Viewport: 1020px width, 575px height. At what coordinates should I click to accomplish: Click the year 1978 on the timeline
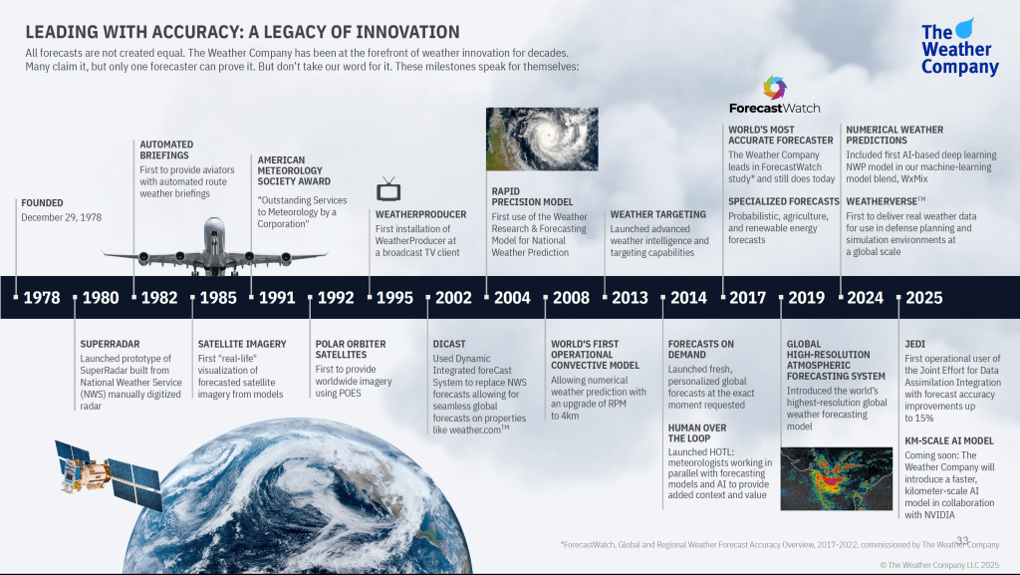click(42, 298)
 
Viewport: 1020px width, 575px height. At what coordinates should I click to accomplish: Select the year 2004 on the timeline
click(512, 298)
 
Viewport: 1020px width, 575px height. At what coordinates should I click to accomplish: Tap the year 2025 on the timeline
click(923, 298)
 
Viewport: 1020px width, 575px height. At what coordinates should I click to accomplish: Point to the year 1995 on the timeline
click(394, 298)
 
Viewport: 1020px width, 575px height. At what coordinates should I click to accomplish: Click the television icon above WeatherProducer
click(388, 189)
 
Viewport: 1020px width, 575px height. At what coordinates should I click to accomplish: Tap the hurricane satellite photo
click(542, 140)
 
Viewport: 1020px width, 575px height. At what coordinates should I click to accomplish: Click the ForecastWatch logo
click(774, 96)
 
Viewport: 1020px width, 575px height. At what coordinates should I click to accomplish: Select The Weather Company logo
click(959, 48)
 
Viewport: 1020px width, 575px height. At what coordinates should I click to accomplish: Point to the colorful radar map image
click(837, 478)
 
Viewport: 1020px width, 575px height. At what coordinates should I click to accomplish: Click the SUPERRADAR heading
click(110, 344)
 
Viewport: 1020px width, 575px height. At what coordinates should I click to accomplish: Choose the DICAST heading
click(449, 344)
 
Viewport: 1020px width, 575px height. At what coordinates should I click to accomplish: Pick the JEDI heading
click(914, 344)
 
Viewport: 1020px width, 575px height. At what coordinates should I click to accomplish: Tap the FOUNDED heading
click(42, 203)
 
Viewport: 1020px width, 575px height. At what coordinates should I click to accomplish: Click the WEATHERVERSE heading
click(886, 201)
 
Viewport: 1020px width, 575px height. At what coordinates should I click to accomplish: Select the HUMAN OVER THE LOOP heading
click(697, 433)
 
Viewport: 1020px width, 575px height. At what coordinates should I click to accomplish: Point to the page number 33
click(963, 541)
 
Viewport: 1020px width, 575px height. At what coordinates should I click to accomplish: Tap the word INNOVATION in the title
click(407, 32)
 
